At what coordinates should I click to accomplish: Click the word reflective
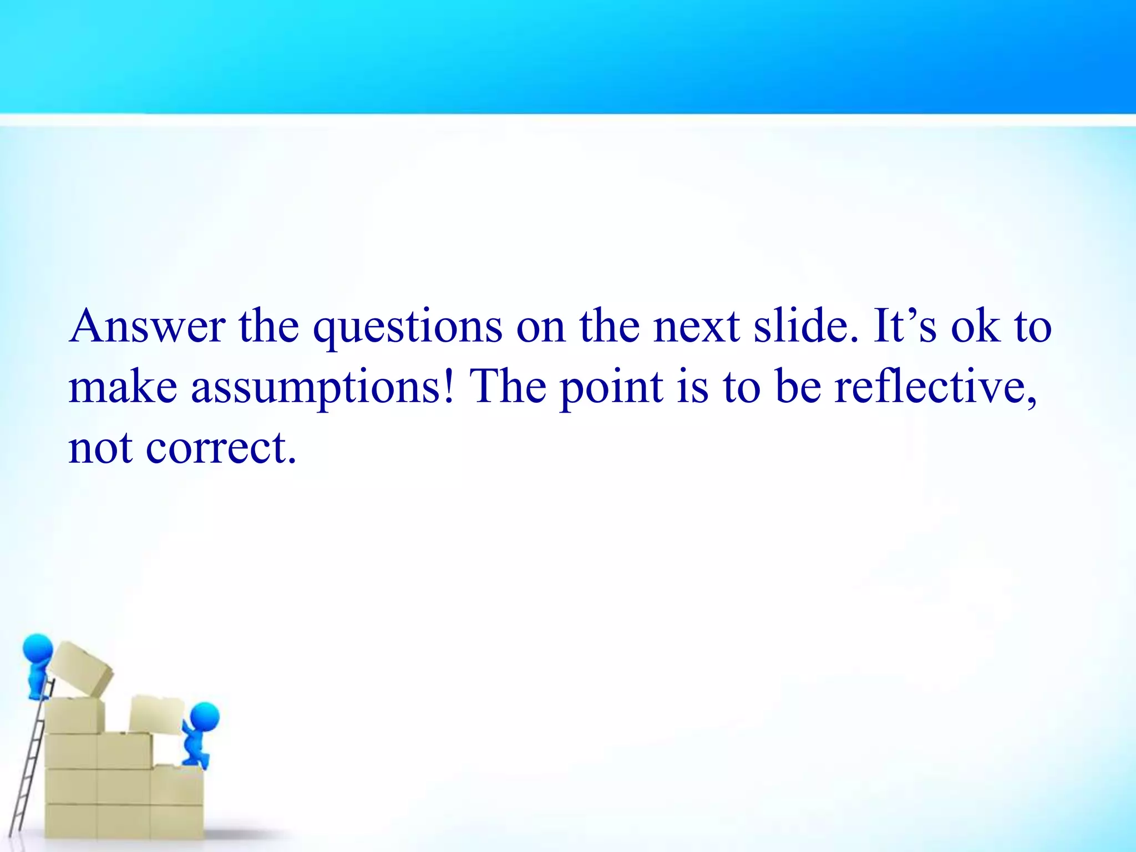coord(935,387)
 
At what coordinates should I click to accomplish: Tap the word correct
coord(221,448)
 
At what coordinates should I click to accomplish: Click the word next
coord(697,327)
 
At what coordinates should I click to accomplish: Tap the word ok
coord(976,327)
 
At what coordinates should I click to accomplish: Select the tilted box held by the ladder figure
coord(80,669)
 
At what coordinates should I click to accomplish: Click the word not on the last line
coord(100,448)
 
